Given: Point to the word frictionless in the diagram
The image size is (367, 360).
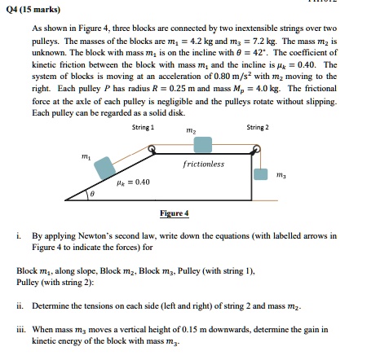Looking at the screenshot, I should (x=204, y=165).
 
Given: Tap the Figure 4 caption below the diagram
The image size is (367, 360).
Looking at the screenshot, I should (x=175, y=213).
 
